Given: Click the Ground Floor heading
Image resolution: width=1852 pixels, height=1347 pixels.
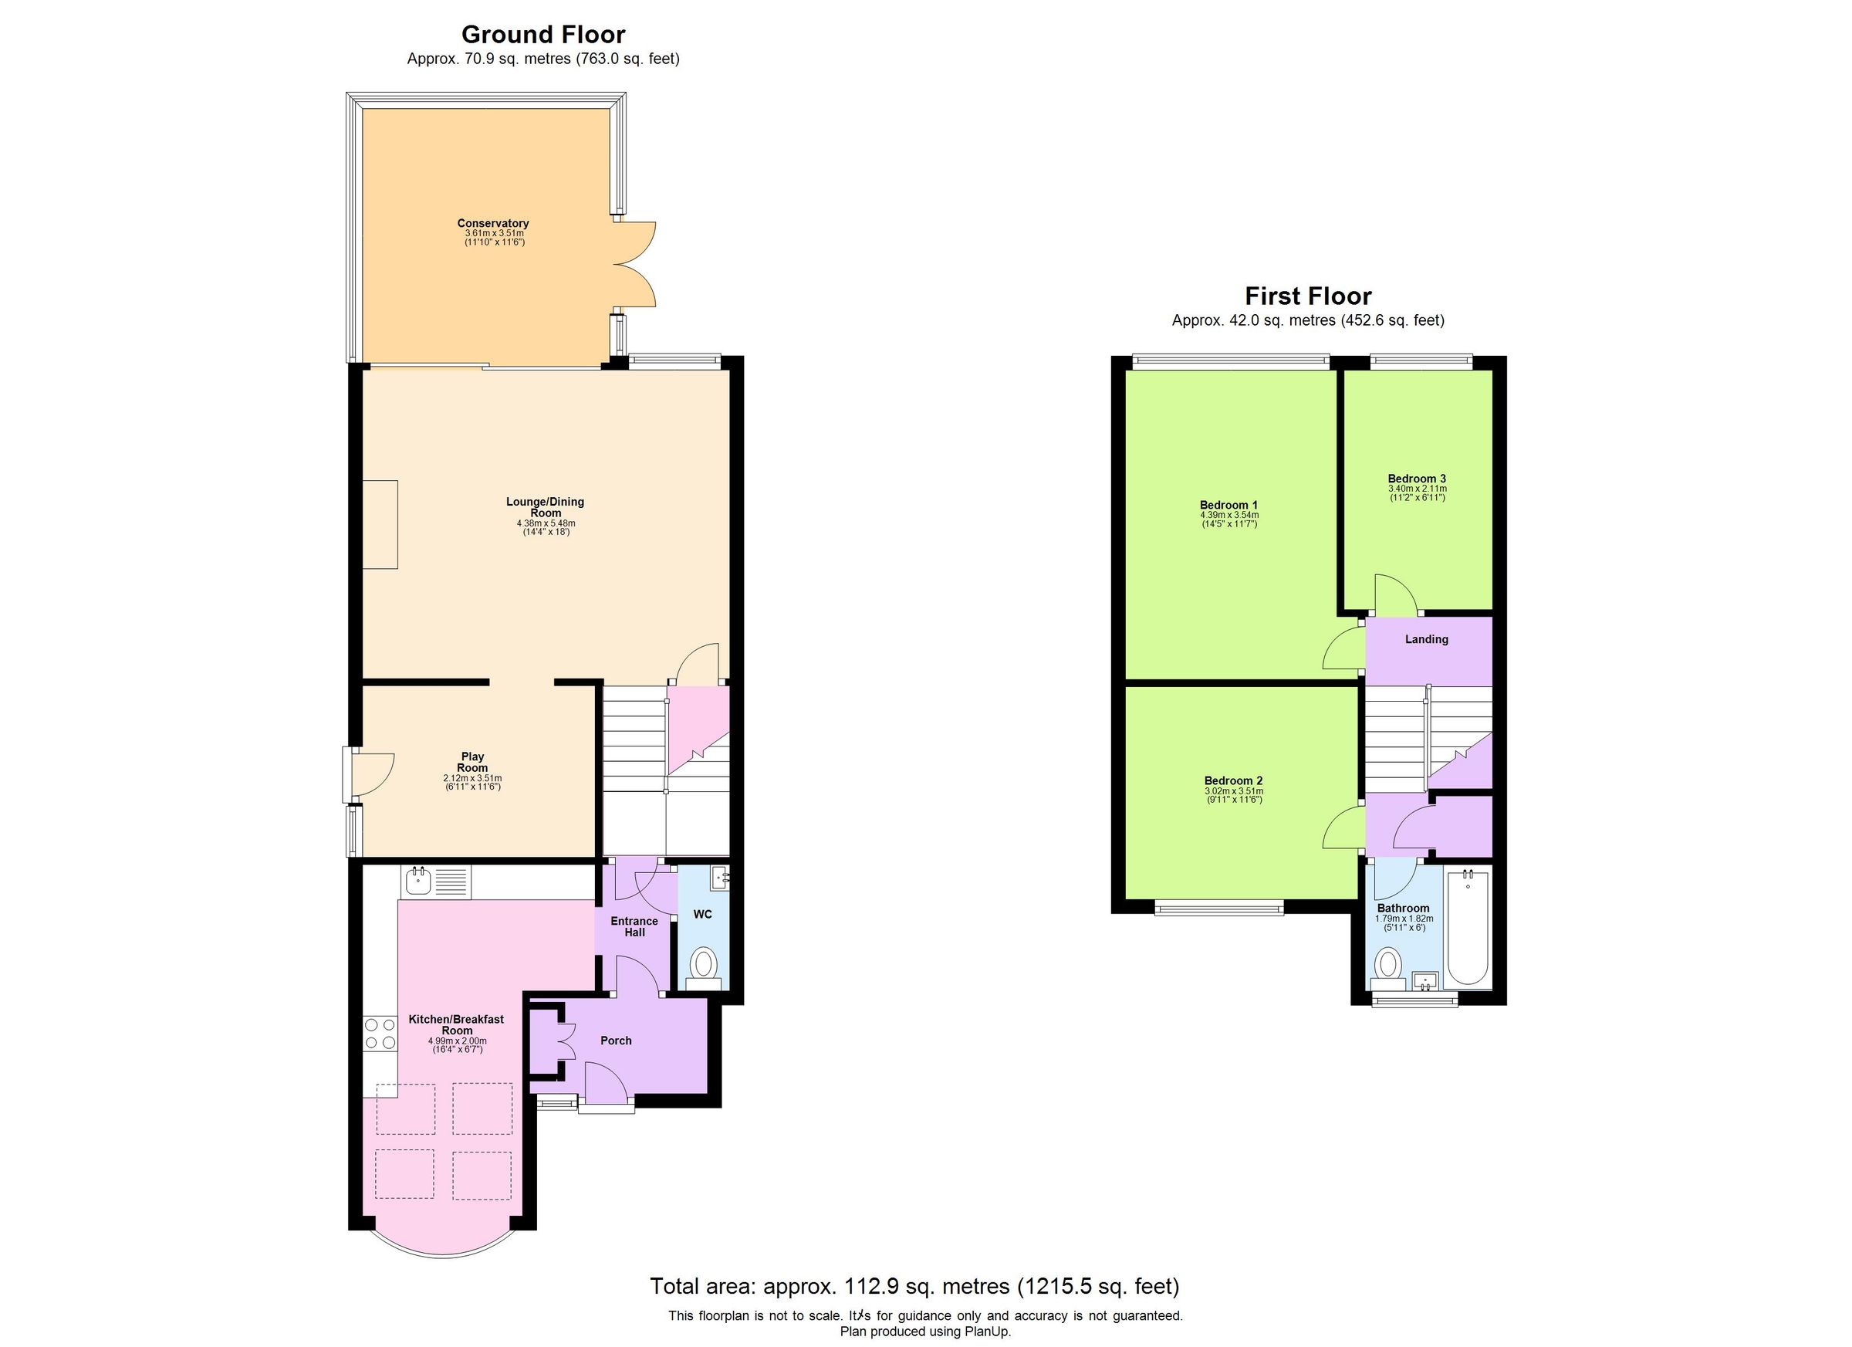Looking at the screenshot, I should click(543, 34).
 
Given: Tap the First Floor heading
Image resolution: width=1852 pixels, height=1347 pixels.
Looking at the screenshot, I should click(1307, 296).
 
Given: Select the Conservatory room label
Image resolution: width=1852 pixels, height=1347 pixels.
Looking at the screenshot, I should click(492, 223).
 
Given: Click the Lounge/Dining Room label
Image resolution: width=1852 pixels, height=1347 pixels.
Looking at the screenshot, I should click(545, 507).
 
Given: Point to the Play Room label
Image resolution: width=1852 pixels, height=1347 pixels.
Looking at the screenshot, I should click(472, 762).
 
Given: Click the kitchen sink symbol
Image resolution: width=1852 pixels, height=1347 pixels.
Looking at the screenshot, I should click(419, 881).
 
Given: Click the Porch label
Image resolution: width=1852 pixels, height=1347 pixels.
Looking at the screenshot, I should click(616, 1041).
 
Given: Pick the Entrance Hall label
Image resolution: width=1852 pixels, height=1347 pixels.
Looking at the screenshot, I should click(634, 926).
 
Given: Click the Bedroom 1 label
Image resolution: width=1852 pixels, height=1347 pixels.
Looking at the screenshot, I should click(1228, 505).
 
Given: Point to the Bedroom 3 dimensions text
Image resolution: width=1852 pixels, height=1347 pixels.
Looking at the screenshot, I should click(1417, 492).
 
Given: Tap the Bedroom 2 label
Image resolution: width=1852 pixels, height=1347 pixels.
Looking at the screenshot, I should click(1233, 781).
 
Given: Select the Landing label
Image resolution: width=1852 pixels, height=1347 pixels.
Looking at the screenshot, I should click(1427, 640).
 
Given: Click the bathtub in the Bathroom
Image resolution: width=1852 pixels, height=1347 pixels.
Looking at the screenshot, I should click(1468, 929).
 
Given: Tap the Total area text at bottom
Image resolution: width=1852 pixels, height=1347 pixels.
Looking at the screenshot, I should click(914, 1287).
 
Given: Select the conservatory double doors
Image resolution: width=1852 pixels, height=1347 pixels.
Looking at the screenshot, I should click(634, 264).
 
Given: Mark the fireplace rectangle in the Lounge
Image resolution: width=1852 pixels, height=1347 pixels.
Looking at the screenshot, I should click(380, 524).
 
